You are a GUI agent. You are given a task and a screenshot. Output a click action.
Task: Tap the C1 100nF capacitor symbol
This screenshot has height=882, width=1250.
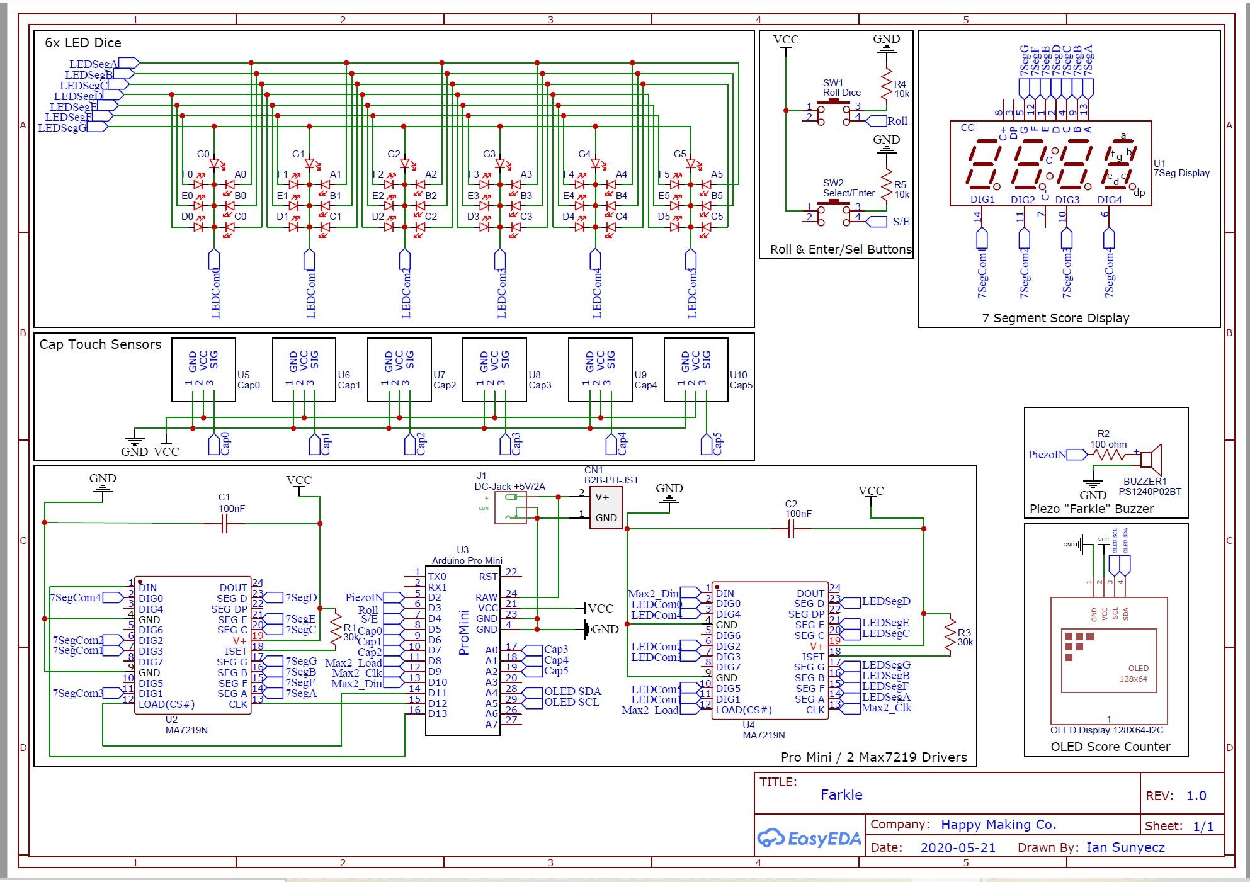[x=224, y=523]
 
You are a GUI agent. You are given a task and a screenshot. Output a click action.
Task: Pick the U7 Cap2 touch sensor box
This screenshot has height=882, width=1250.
[x=399, y=370]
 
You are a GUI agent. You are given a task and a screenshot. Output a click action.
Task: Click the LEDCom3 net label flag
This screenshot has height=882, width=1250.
[x=500, y=259]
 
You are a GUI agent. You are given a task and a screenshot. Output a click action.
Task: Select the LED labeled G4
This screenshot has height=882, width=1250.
[x=596, y=164]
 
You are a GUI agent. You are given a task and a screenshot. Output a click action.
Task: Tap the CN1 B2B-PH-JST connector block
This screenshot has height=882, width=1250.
[x=605, y=507]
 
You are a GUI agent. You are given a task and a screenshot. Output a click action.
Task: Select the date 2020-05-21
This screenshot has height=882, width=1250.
[x=958, y=847]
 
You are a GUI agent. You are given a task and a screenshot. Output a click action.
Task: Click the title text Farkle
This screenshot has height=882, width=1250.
[x=841, y=794]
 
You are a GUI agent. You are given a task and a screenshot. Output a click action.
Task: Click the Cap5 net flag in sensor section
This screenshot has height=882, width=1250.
[x=707, y=444]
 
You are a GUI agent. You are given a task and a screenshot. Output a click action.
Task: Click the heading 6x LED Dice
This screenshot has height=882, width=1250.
[x=83, y=43]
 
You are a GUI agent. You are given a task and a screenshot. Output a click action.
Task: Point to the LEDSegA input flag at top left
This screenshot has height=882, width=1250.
[x=128, y=62]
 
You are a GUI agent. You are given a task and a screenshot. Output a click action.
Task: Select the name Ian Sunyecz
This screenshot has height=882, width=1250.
[x=1125, y=847]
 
